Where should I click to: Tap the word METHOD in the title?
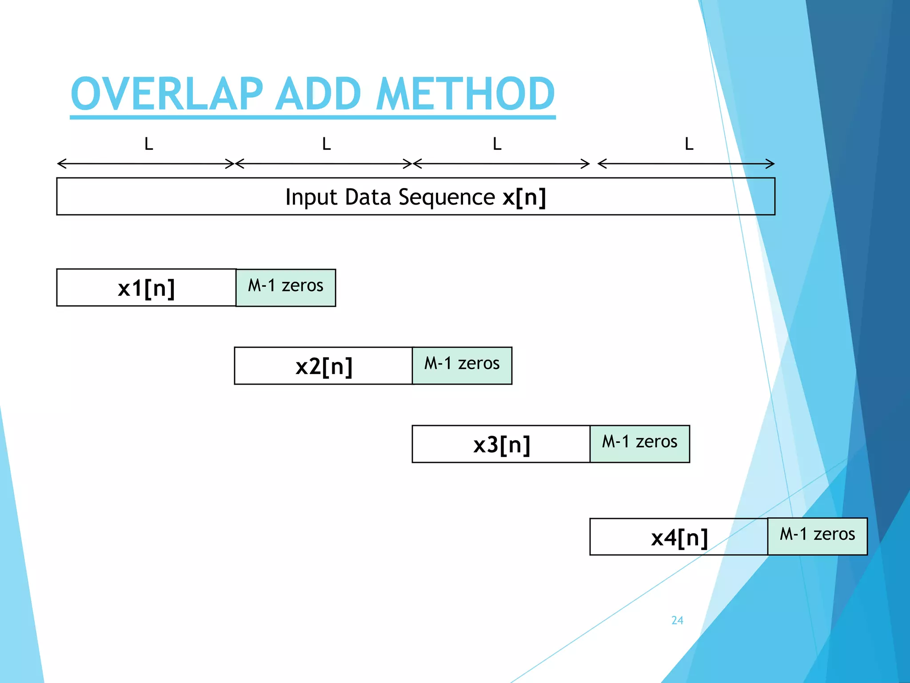point(465,94)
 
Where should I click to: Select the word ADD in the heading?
point(318,94)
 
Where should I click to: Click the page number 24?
point(677,620)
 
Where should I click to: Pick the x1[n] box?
point(146,288)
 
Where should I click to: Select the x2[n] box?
point(323,366)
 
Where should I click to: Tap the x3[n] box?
point(501,444)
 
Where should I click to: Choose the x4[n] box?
point(679,537)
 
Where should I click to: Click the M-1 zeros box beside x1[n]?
point(286,288)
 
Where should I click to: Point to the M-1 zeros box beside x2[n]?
point(462,366)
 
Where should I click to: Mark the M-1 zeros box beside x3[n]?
point(640,444)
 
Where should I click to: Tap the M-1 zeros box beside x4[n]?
point(818,536)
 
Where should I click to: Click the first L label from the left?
point(149,144)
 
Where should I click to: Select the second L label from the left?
point(327,144)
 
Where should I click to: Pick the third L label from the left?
point(497,144)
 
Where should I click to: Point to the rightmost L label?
point(689,144)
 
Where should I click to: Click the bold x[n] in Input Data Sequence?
point(524,197)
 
